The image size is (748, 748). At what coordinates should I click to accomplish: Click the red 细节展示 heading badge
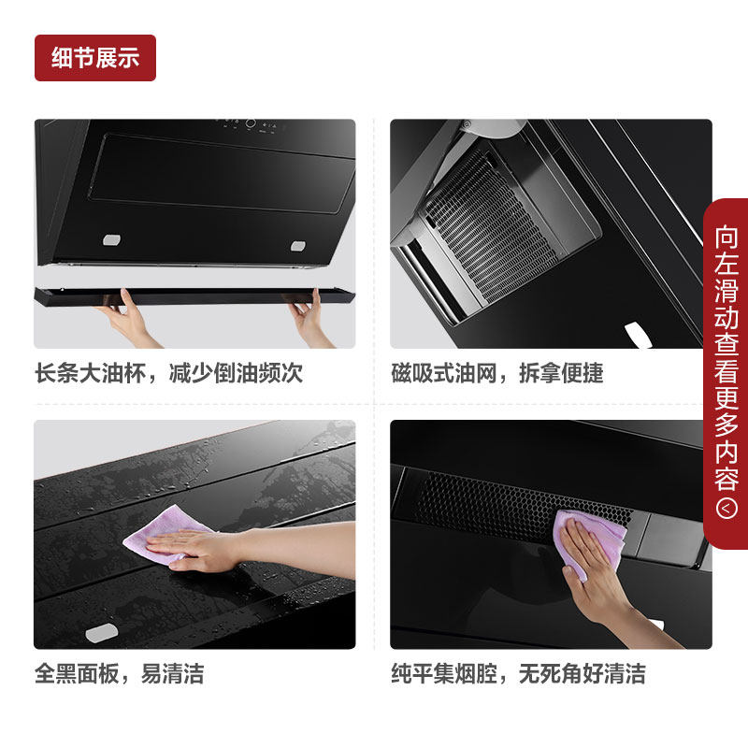pyautogui.click(x=95, y=58)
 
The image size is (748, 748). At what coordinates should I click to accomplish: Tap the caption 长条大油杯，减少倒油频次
pyautogui.click(x=169, y=373)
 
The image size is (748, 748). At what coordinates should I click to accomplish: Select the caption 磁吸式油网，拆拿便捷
pyautogui.click(x=497, y=373)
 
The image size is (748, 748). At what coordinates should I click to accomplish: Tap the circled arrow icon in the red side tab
pyautogui.click(x=726, y=509)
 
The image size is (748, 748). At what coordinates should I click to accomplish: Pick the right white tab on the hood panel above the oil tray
pyautogui.click(x=297, y=247)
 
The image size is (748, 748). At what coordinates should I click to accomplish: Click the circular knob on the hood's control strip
pyautogui.click(x=251, y=124)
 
